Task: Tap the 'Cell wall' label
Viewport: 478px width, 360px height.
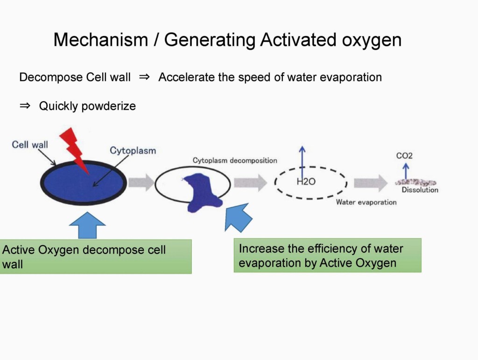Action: click(x=29, y=145)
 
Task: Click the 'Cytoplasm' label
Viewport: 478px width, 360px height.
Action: click(x=133, y=150)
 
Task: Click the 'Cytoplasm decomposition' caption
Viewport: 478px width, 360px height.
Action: click(x=235, y=161)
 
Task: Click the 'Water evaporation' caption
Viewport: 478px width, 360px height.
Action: click(x=366, y=202)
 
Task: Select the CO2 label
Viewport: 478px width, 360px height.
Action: click(x=404, y=156)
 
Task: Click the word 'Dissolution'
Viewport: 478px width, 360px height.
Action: click(x=420, y=190)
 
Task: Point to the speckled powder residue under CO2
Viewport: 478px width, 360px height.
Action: click(x=415, y=183)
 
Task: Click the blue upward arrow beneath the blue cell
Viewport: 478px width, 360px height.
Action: click(x=87, y=226)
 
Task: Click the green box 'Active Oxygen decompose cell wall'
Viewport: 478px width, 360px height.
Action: click(x=95, y=256)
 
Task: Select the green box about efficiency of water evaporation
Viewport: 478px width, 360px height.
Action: click(x=327, y=255)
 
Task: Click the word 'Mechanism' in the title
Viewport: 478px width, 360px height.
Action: click(x=100, y=40)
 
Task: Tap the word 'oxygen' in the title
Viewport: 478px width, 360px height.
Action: click(x=372, y=40)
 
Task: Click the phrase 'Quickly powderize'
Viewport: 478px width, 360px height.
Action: click(x=87, y=106)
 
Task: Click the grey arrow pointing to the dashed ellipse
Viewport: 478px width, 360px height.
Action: click(x=250, y=183)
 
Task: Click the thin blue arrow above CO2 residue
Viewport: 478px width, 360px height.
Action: click(x=406, y=171)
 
